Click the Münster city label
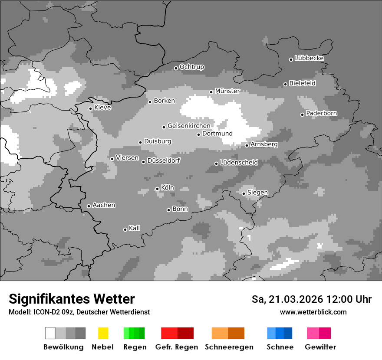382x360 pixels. pyautogui.click(x=227, y=91)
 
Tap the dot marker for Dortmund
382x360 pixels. pyautogui.click(x=198, y=134)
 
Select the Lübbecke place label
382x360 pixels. pyautogui.click(x=309, y=58)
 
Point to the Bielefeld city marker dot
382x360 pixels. pyautogui.click(x=285, y=84)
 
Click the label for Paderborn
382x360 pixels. pyautogui.click(x=321, y=114)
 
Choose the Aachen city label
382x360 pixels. pyautogui.click(x=104, y=205)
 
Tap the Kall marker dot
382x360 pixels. pyautogui.click(x=125, y=229)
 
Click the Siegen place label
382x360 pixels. pyautogui.click(x=257, y=193)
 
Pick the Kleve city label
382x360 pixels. pyautogui.click(x=102, y=108)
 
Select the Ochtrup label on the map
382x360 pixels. pyautogui.click(x=191, y=67)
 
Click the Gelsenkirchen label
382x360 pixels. pyautogui.click(x=189, y=126)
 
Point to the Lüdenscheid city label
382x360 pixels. pyautogui.click(x=239, y=163)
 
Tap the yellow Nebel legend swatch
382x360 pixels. pyautogui.click(x=103, y=333)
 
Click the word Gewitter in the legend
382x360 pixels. pyautogui.click(x=320, y=347)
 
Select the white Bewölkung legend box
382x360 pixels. pyautogui.click(x=50, y=333)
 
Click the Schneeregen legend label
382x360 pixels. pyautogui.click(x=228, y=347)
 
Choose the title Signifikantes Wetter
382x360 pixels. pyautogui.click(x=72, y=299)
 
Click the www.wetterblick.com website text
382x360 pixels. pyautogui.click(x=313, y=312)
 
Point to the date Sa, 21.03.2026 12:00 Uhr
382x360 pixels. pyautogui.click(x=311, y=299)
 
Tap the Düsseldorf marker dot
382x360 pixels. pyautogui.click(x=143, y=162)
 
